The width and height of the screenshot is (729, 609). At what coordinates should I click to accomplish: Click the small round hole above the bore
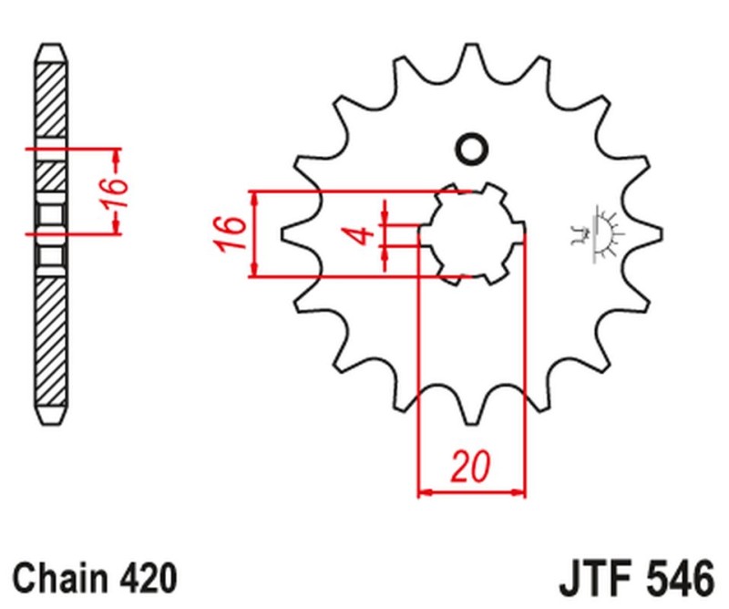(472, 149)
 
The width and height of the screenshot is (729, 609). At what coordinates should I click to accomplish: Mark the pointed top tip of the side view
(52, 46)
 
